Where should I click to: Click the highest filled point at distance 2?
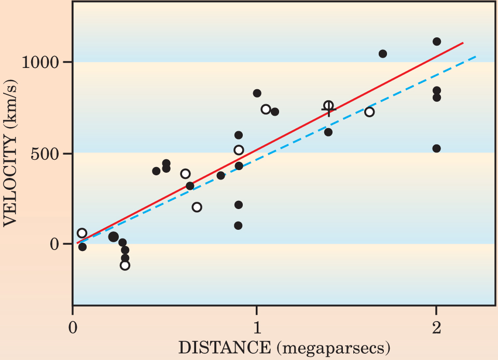pyautogui.click(x=437, y=41)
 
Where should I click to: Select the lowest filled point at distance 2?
pyautogui.click(x=437, y=148)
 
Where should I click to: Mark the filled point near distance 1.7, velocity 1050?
pyautogui.click(x=383, y=53)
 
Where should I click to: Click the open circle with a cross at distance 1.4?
pyautogui.click(x=328, y=106)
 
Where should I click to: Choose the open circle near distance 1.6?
pyautogui.click(x=369, y=112)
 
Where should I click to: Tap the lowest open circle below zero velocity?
pyautogui.click(x=125, y=265)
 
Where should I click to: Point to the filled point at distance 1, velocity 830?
pyautogui.click(x=257, y=93)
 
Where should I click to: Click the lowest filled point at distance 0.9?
pyautogui.click(x=239, y=226)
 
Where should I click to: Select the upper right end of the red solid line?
pyautogui.click(x=463, y=43)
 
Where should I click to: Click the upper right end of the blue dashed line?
pyautogui.click(x=476, y=56)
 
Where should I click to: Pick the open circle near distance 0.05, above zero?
pyautogui.click(x=82, y=233)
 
